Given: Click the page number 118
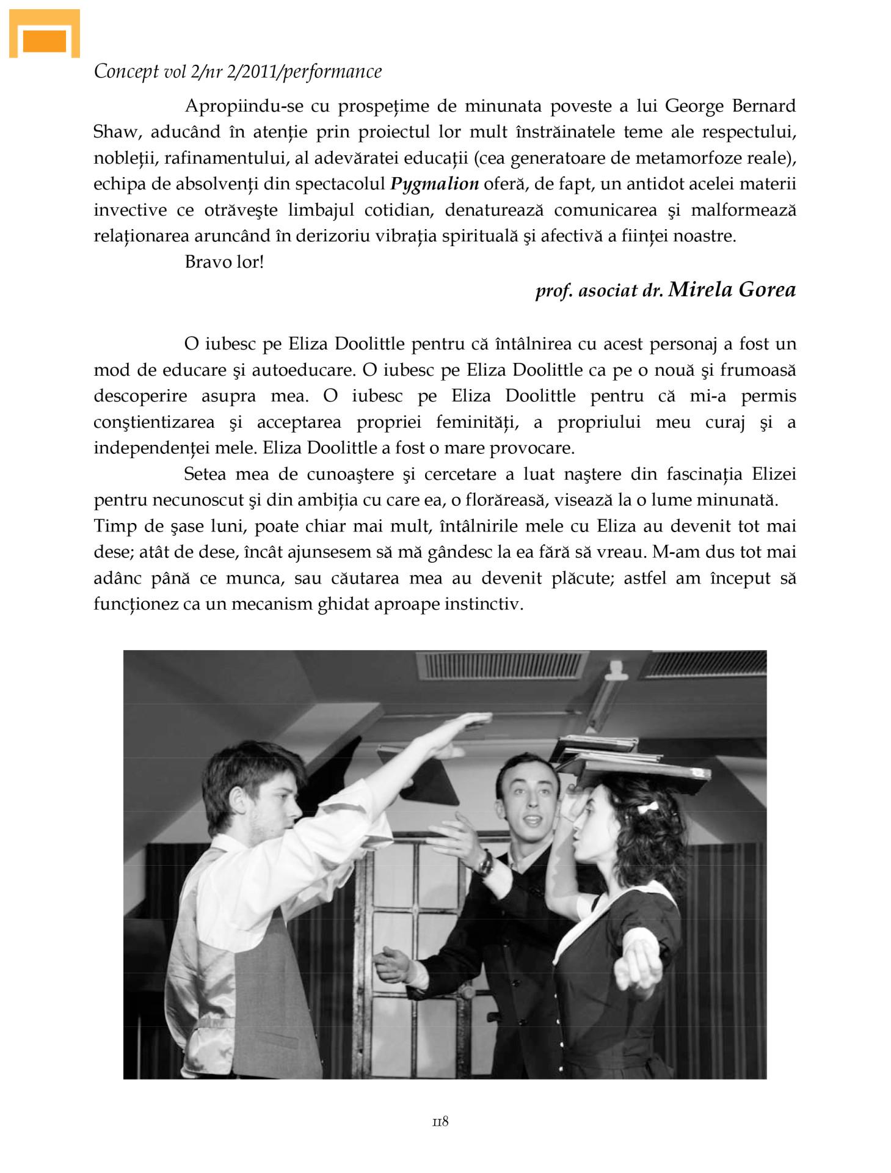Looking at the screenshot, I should click(440, 1122).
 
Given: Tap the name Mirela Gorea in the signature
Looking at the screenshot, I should click(732, 290).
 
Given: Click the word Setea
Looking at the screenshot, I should click(205, 474).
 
